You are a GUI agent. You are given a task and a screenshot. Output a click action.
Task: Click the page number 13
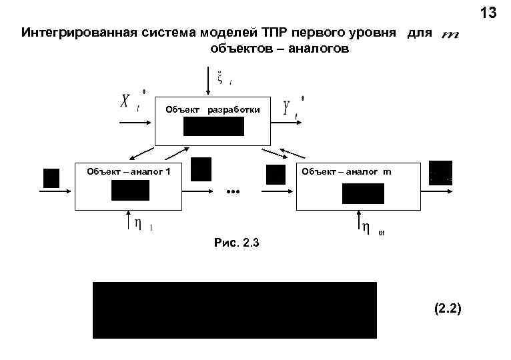488,13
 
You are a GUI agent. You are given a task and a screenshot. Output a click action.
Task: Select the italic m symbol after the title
450,34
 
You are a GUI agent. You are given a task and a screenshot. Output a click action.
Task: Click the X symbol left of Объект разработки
126,103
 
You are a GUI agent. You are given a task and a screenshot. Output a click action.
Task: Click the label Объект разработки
212,109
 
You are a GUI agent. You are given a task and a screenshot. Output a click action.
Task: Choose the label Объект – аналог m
347,171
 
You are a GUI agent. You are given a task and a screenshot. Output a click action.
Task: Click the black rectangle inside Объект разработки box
213,126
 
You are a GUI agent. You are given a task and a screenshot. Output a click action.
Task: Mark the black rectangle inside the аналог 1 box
130,191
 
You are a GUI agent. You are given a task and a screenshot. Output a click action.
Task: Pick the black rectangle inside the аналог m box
363,193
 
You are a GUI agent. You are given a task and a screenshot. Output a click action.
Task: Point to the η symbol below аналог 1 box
137,223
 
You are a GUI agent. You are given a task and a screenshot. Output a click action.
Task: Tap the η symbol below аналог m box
366,227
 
